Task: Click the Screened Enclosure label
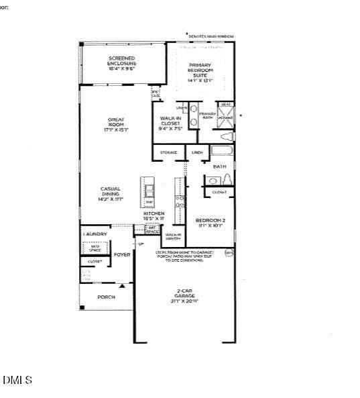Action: [122, 63]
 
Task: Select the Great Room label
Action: [116, 124]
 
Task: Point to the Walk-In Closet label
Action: [170, 123]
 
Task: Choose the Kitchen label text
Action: [154, 215]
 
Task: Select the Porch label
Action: [106, 297]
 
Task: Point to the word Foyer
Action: [122, 255]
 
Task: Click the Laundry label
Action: [95, 234]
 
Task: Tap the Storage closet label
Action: [169, 152]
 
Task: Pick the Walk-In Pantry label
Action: [174, 236]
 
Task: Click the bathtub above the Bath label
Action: [222, 152]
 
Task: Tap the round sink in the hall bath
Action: [212, 180]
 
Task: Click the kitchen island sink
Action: [149, 190]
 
